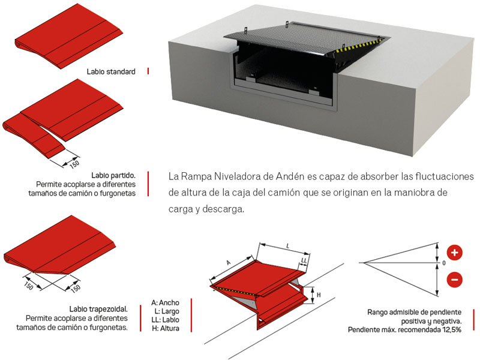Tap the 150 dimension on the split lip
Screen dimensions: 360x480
click(x=74, y=161)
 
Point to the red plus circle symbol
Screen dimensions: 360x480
click(x=454, y=253)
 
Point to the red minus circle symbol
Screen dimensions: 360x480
click(x=454, y=279)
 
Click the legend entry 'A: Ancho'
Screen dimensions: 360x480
click(x=165, y=303)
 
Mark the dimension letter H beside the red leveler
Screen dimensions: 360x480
click(x=319, y=294)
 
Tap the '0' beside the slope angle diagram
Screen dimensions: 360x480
click(x=444, y=263)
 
